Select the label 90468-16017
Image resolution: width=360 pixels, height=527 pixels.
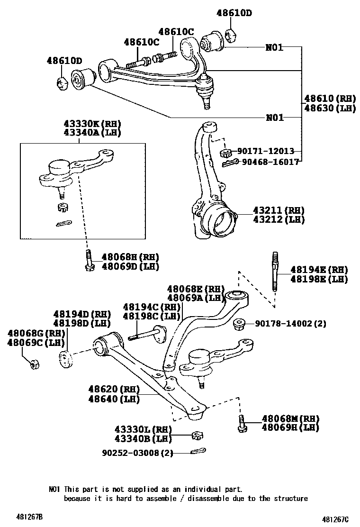tap(270, 162)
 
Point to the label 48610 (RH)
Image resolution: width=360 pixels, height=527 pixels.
tap(330, 99)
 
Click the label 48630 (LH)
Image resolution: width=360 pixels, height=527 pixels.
tap(330, 108)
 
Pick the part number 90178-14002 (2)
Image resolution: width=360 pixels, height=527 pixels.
tap(290, 324)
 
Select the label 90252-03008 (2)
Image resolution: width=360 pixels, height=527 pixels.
tap(137, 453)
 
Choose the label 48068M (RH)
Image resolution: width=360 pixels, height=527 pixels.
tap(290, 418)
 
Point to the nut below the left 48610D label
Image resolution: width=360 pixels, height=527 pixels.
tap(62, 82)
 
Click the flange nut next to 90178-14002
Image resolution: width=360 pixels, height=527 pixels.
tap(239, 324)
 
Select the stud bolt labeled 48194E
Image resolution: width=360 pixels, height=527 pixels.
tap(274, 274)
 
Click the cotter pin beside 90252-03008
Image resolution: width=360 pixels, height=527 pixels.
tap(198, 451)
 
